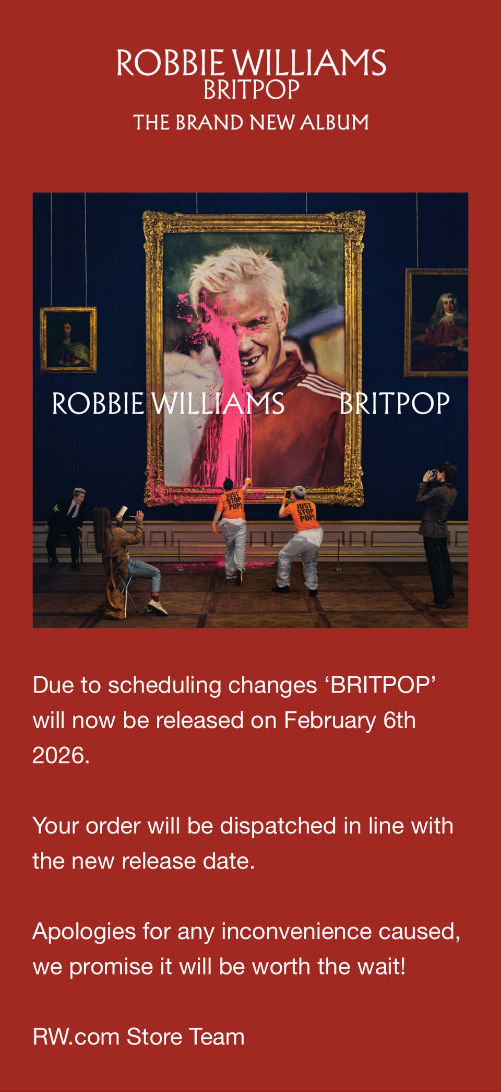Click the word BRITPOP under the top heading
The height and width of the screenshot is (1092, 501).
click(x=252, y=90)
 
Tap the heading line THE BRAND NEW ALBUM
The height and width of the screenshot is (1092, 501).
click(x=251, y=123)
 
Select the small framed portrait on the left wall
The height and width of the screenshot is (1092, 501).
click(x=68, y=339)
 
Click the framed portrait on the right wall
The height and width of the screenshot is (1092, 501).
click(x=436, y=322)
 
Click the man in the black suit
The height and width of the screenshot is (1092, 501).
click(x=66, y=527)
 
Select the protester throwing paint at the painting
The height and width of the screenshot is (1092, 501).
click(x=232, y=527)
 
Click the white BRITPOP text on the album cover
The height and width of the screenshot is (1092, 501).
click(x=395, y=404)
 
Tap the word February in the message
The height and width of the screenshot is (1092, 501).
click(x=330, y=721)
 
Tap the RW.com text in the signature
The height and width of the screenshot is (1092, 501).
click(x=76, y=1037)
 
